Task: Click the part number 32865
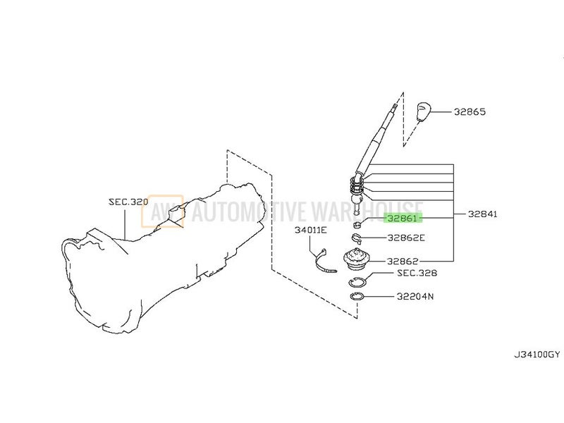(x=470, y=112)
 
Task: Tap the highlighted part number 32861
(x=403, y=218)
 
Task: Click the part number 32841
(x=482, y=214)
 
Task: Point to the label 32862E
(x=406, y=238)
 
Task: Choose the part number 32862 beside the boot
(x=403, y=261)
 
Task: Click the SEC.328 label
(x=417, y=273)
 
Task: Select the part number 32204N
(x=415, y=296)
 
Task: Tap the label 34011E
(x=311, y=230)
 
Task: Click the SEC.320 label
(x=128, y=202)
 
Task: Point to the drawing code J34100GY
(x=537, y=355)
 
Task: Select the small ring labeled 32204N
(x=357, y=297)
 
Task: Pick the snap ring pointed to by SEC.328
(x=357, y=282)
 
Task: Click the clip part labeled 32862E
(x=357, y=238)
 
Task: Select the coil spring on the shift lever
(x=357, y=185)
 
